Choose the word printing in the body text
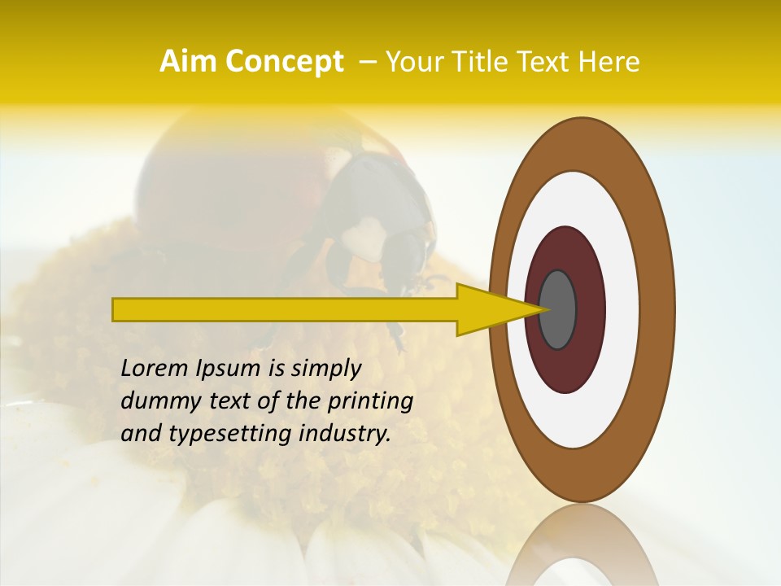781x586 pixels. pyautogui.click(x=370, y=402)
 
